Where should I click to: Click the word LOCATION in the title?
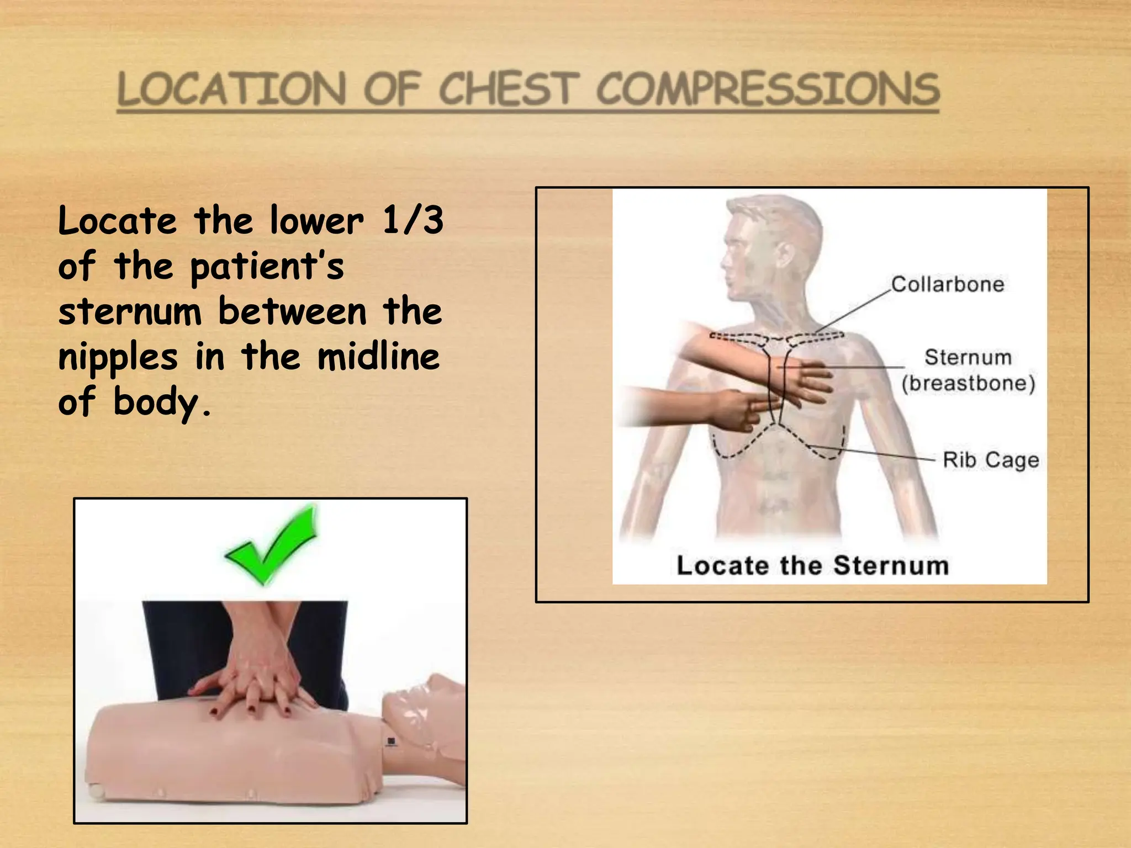click(232, 89)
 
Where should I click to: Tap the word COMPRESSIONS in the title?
click(768, 89)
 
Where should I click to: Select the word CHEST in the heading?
click(509, 89)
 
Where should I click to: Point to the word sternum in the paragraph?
click(130, 311)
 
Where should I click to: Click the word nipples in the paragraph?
click(118, 358)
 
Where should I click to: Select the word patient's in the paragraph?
click(267, 267)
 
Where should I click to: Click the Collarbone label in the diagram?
click(947, 284)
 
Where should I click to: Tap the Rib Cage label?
click(990, 460)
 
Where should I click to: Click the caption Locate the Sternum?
click(812, 565)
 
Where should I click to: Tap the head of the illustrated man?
click(768, 248)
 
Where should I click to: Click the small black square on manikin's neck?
click(391, 741)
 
